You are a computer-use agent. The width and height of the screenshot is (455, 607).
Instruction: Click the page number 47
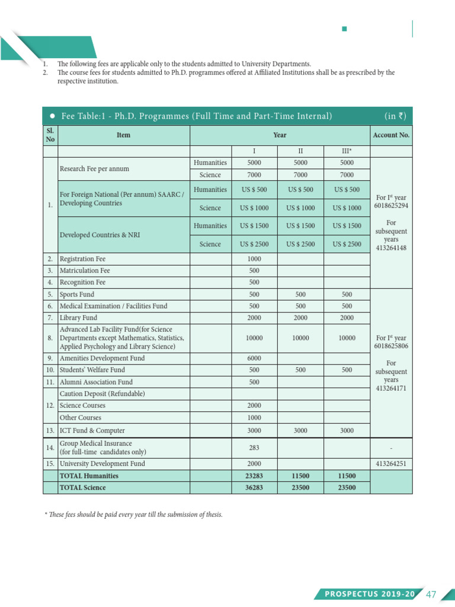(x=431, y=594)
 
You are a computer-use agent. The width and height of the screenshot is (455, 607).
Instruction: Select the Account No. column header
(x=391, y=135)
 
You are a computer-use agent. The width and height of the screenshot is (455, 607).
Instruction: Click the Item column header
(x=123, y=135)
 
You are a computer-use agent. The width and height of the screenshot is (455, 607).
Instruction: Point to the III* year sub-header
(x=347, y=151)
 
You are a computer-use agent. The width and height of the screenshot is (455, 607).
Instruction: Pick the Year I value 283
(x=254, y=448)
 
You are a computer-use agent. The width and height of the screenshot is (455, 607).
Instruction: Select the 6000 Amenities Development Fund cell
(x=254, y=358)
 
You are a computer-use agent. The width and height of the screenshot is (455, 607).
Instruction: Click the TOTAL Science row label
(x=83, y=488)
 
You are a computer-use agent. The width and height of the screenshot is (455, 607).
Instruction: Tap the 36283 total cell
(x=254, y=488)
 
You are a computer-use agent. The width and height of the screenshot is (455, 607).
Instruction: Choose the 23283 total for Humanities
(x=254, y=476)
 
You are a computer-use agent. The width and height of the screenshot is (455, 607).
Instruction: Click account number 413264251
(x=390, y=464)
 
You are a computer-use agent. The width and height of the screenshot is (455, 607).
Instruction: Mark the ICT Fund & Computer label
(x=92, y=430)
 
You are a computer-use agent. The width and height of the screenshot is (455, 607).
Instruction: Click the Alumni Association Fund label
(x=96, y=382)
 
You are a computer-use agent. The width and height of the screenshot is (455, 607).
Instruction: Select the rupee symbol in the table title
(x=402, y=116)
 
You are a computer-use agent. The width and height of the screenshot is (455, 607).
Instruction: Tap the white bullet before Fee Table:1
(x=53, y=116)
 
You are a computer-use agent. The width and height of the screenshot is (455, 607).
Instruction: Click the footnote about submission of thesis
(x=134, y=515)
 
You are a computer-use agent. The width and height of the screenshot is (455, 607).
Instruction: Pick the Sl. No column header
(x=50, y=135)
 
